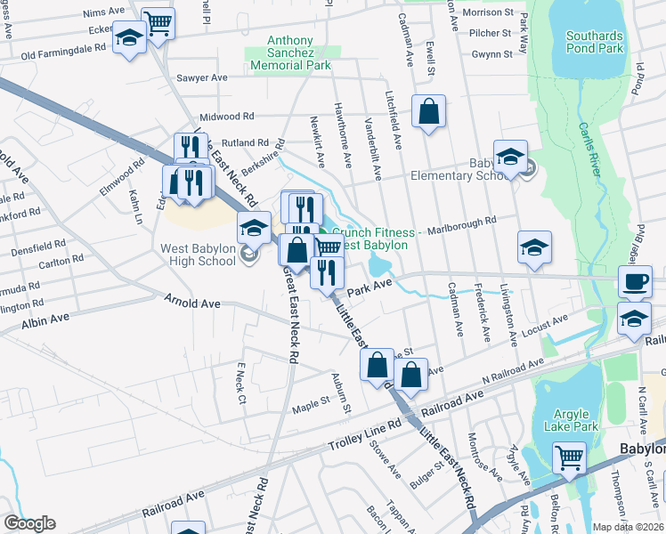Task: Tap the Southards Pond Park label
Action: (x=595, y=43)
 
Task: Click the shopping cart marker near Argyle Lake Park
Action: (x=570, y=458)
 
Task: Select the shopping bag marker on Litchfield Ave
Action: (x=428, y=112)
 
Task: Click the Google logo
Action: (x=29, y=523)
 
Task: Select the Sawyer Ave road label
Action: (x=201, y=78)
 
